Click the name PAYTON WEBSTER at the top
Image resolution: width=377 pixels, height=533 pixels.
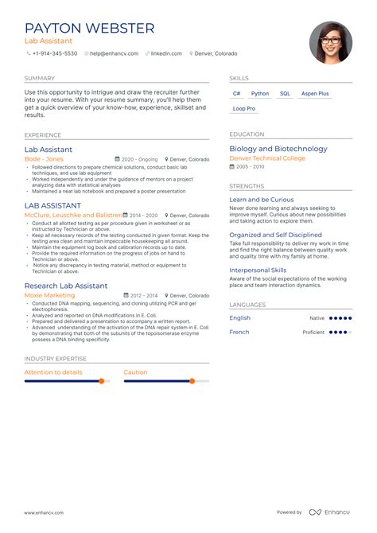tap(89, 29)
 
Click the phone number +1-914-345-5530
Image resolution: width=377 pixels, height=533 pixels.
tap(55, 53)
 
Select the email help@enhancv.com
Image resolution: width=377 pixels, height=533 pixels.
tap(115, 53)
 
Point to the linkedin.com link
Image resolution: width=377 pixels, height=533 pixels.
tap(167, 53)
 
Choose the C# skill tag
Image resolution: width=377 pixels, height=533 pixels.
tap(236, 94)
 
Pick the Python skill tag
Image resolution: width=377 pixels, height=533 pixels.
tap(260, 94)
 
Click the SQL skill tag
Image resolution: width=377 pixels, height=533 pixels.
tap(285, 94)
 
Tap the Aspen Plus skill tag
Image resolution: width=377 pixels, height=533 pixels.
tap(315, 94)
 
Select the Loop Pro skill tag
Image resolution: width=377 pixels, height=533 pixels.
tap(244, 108)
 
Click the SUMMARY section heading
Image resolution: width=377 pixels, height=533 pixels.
tap(40, 79)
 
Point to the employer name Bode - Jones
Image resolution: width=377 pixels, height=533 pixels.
tap(44, 159)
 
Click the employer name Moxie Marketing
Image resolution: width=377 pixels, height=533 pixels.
tap(50, 295)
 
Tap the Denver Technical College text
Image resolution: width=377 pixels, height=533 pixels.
tap(266, 158)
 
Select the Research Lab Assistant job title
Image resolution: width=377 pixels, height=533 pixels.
tap(66, 286)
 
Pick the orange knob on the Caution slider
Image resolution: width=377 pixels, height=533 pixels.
tap(192, 381)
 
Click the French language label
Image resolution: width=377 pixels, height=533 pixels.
tap(239, 332)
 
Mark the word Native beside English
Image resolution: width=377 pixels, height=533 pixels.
tap(317, 318)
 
